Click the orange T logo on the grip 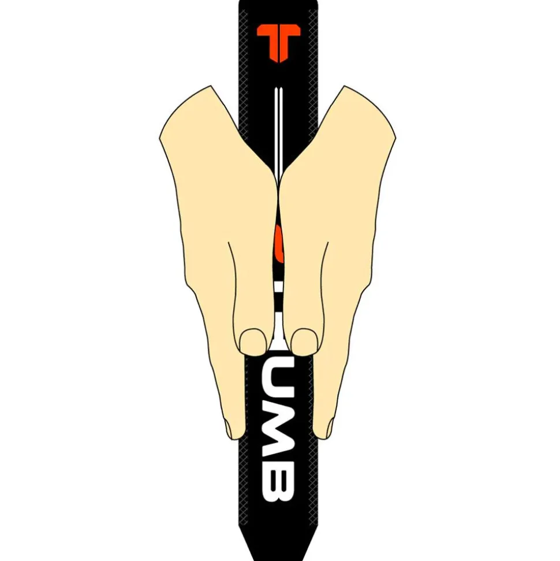pos(279,42)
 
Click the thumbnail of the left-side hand pos(253,341)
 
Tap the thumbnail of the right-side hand pos(304,341)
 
